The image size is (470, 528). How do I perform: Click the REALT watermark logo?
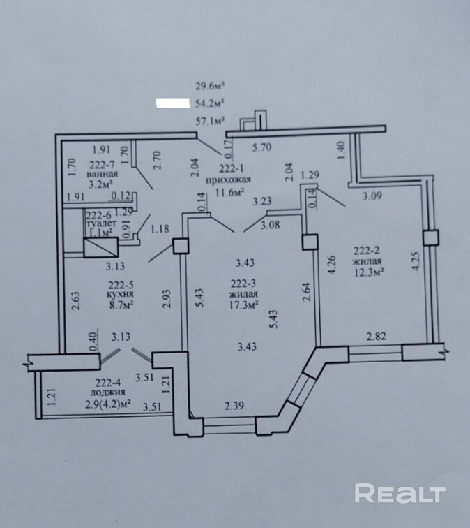coord(400,493)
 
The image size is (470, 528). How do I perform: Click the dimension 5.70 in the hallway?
coord(260,148)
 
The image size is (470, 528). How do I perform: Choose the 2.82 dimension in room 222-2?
coord(377,337)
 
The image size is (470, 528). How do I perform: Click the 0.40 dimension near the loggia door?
coord(92,341)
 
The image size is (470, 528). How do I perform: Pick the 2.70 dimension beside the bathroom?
coord(158,161)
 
